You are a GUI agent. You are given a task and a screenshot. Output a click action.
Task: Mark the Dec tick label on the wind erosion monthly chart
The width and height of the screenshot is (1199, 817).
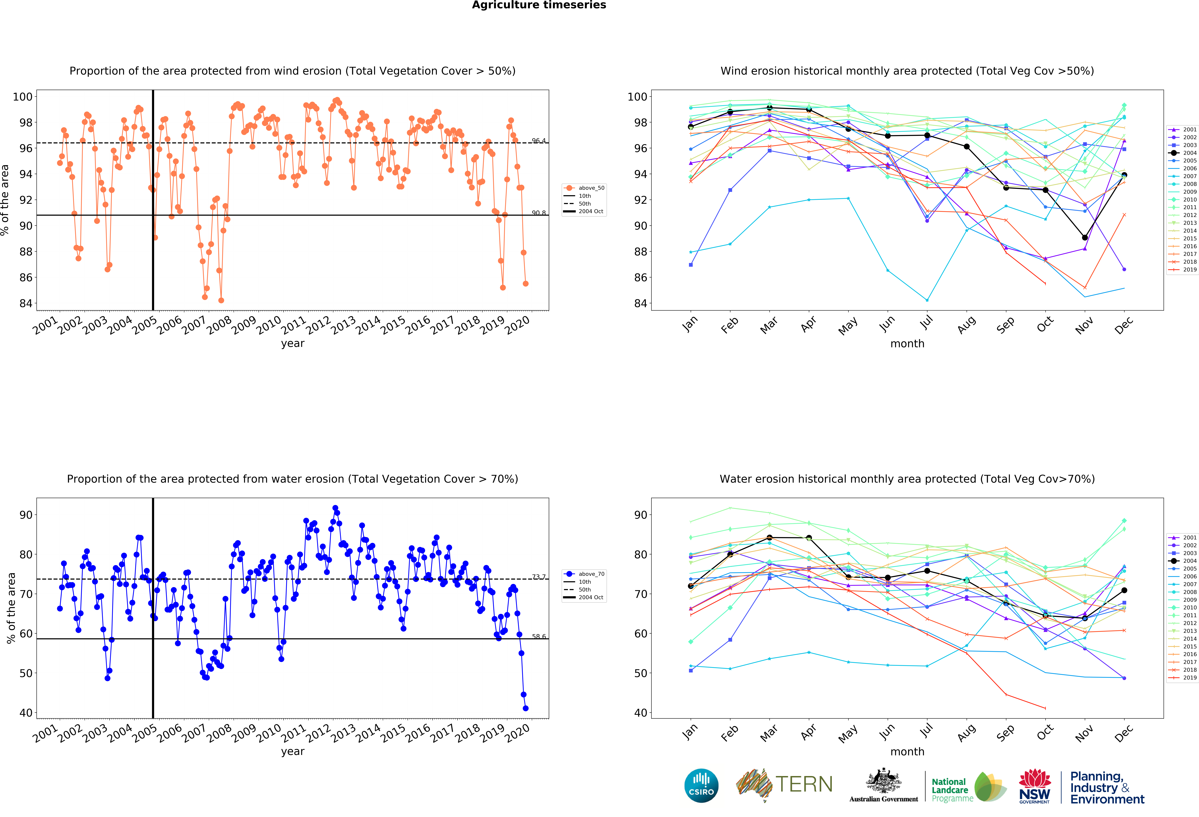[x=1124, y=325]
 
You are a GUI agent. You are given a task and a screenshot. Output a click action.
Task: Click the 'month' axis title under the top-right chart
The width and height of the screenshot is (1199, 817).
[x=907, y=343]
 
